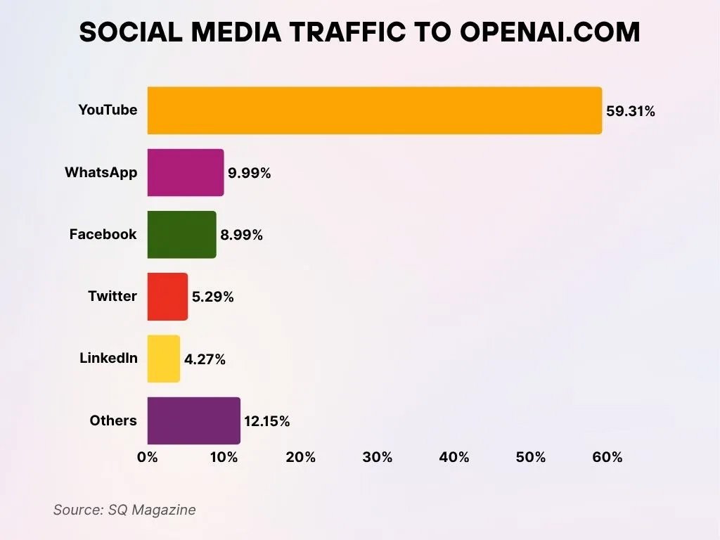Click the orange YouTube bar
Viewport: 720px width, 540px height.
coord(374,110)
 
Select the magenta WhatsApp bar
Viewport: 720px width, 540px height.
coord(186,172)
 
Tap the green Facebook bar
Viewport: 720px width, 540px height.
coord(181,234)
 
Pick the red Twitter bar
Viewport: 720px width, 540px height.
coord(167,296)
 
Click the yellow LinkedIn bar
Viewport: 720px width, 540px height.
coord(163,359)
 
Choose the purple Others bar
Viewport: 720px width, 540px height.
coord(193,420)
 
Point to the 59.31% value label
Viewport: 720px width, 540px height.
coord(631,111)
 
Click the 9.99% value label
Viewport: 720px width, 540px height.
coord(249,173)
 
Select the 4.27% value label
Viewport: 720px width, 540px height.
coord(205,359)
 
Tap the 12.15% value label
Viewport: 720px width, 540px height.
coord(266,422)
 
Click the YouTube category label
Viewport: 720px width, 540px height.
coord(108,110)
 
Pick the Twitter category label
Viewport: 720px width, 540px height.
coord(112,296)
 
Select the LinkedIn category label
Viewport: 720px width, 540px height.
coord(108,358)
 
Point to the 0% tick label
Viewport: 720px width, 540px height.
coord(148,457)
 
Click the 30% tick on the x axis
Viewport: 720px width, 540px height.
coord(378,457)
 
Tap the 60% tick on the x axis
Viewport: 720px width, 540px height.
coord(607,457)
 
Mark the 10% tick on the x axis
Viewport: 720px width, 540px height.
coord(224,457)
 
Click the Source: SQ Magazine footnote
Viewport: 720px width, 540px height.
coord(124,510)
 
